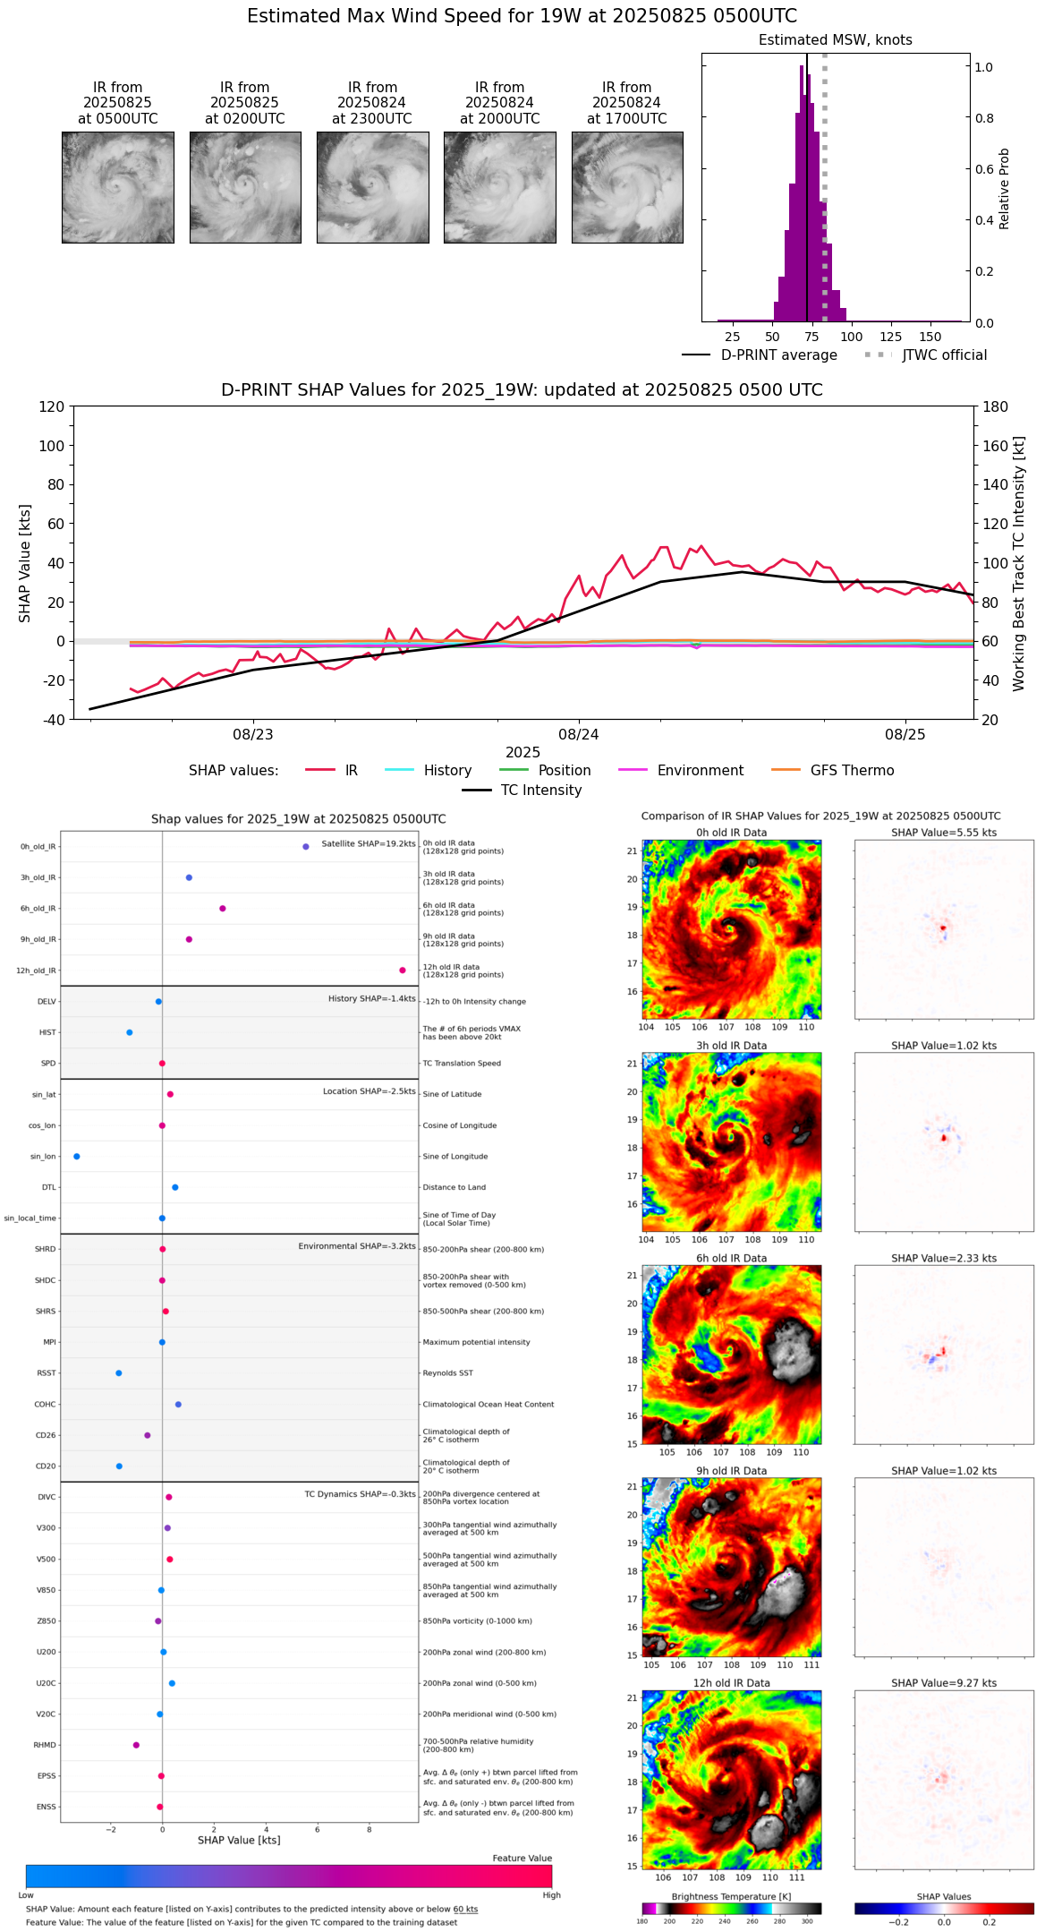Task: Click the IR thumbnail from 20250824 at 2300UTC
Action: click(x=372, y=187)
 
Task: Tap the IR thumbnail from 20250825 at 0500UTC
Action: click(x=118, y=187)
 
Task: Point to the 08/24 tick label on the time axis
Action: click(x=579, y=735)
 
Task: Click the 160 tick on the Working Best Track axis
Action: click(x=996, y=446)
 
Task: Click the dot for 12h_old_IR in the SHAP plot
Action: click(x=403, y=970)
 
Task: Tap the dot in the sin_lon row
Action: click(x=77, y=1157)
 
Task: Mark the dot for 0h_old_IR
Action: click(x=306, y=846)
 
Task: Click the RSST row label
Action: click(x=46, y=1373)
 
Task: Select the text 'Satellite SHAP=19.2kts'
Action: click(x=369, y=844)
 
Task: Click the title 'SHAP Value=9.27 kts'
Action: click(x=944, y=1683)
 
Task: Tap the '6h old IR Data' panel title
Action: click(x=731, y=1258)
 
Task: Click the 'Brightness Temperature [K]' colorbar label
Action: click(x=731, y=1896)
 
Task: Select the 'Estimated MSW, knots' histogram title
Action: click(x=835, y=40)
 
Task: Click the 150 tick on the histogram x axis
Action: click(x=930, y=338)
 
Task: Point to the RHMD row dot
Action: click(x=136, y=1745)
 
